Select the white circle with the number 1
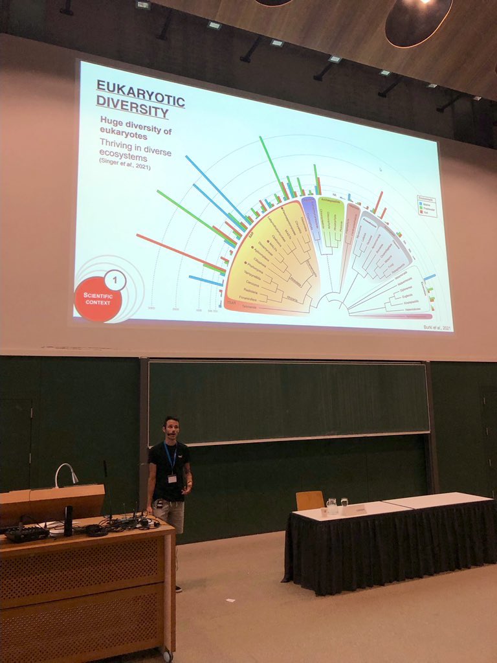point(115,280)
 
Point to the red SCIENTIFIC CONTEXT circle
point(98,298)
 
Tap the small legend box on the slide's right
point(426,206)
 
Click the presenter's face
point(171,429)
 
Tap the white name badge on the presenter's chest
point(172,479)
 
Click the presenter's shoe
point(179,588)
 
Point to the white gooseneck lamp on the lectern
point(65,473)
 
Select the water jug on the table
point(331,506)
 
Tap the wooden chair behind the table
point(310,500)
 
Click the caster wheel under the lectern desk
point(167,655)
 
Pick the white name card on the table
point(359,510)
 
